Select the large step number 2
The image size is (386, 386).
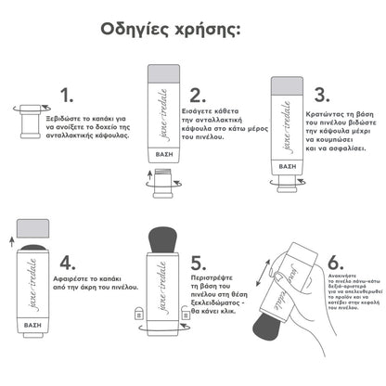pos(197,96)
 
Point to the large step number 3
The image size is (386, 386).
pos(321,96)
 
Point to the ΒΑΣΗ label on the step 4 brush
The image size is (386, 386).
pos(33,327)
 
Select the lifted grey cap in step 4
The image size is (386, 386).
pos(33,227)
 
